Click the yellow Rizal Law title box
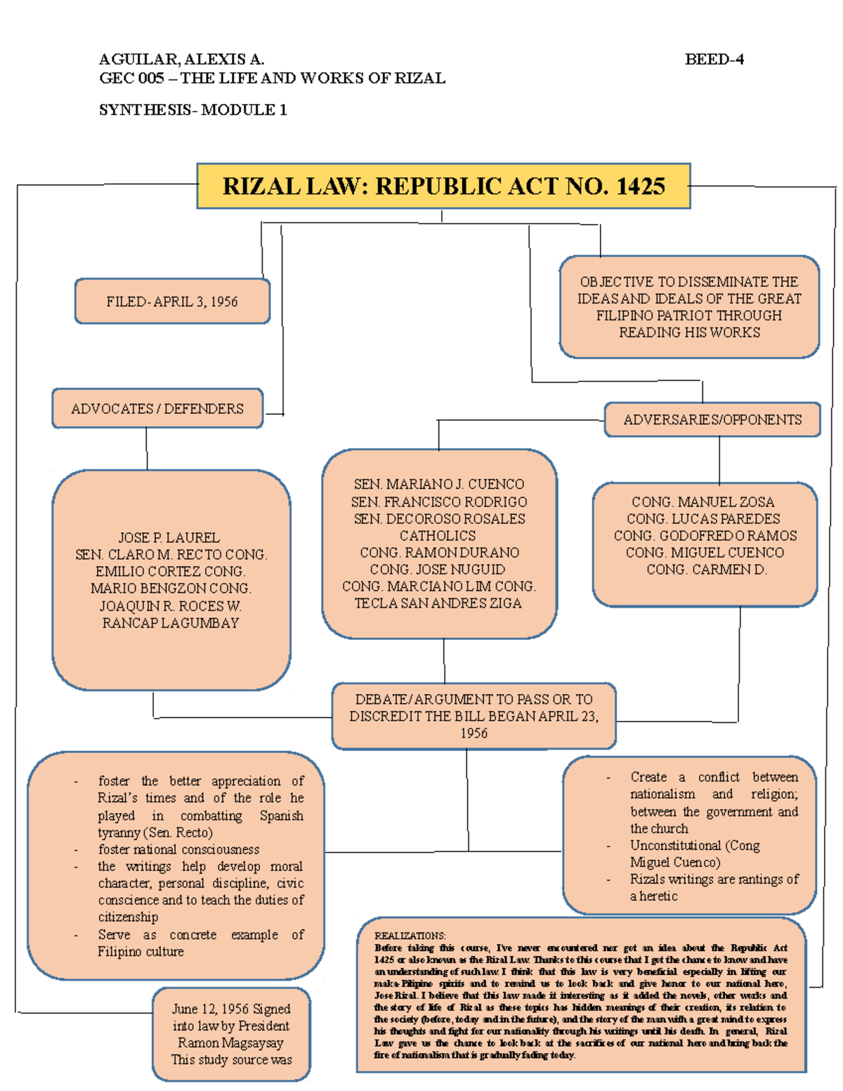tap(443, 186)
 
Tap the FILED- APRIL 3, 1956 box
tap(172, 301)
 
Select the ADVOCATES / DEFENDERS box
tap(157, 408)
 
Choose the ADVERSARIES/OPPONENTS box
tap(712, 419)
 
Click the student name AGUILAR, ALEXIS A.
tap(181, 59)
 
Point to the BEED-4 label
tap(714, 59)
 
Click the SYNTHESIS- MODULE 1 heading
tap(192, 110)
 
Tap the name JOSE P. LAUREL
tap(169, 537)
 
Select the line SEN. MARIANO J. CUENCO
tap(438, 484)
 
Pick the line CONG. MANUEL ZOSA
tap(702, 502)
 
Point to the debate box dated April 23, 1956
tap(473, 716)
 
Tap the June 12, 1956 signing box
tap(231, 1033)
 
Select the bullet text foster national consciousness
tap(178, 849)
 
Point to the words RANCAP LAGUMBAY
tap(171, 622)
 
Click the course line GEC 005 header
tap(272, 78)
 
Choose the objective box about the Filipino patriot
tap(689, 307)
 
